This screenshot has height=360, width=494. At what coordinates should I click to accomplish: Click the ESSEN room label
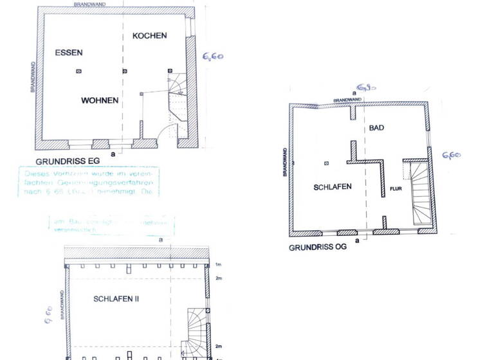pyautogui.click(x=69, y=52)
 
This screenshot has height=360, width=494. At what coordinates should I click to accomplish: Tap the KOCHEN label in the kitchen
pyautogui.click(x=150, y=35)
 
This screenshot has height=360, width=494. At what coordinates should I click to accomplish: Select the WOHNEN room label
pyautogui.click(x=100, y=100)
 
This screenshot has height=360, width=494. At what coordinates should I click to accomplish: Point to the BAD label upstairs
pyautogui.click(x=376, y=128)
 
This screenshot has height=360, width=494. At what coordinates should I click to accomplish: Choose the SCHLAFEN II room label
pyautogui.click(x=116, y=299)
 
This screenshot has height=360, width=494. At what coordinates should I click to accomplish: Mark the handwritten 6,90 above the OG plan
pyautogui.click(x=366, y=87)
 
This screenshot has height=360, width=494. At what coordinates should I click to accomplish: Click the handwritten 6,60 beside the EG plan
pyautogui.click(x=213, y=57)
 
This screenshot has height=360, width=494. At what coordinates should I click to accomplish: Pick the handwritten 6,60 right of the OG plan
pyautogui.click(x=451, y=155)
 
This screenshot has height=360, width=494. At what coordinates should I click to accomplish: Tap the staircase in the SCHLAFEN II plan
pyautogui.click(x=198, y=331)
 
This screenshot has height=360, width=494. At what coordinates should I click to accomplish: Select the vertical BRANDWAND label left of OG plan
pyautogui.click(x=284, y=161)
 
